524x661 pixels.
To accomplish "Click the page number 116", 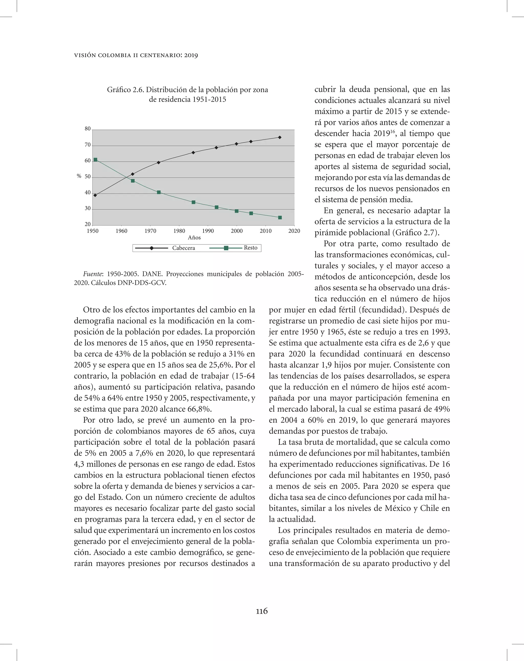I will point(262,611).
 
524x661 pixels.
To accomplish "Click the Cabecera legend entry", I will point(183,248).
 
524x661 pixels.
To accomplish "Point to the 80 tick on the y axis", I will point(88,129).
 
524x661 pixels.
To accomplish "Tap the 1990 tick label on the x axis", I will point(208,231).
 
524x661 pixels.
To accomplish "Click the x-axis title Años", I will point(194,238).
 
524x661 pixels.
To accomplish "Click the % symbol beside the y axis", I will point(79,176).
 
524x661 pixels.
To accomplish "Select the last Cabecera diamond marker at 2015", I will point(279,137).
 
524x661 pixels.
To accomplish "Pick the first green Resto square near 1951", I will point(95,160).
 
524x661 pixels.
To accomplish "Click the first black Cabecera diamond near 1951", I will point(95,195).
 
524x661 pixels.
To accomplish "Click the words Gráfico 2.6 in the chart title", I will point(125,90).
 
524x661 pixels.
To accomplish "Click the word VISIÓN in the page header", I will point(85,56).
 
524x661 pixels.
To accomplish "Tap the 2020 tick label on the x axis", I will point(294,231).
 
